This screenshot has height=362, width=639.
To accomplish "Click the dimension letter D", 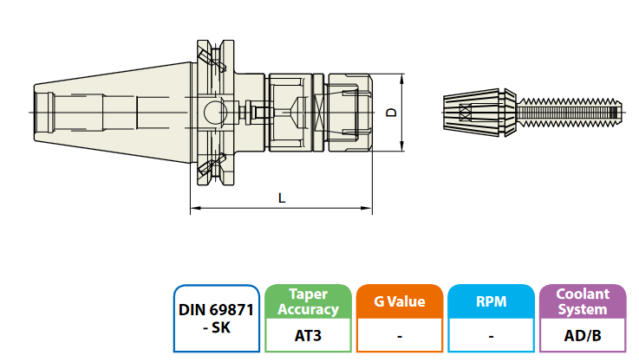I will click(391, 113).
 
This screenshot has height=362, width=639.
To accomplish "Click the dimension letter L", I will click(282, 197).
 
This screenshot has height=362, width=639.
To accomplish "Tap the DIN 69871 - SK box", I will click(216, 318).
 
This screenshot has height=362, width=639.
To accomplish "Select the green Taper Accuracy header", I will click(308, 302).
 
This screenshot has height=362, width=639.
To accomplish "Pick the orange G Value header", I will click(399, 302).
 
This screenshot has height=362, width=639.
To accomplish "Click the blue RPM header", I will click(490, 302).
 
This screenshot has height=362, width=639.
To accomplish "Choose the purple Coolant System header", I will click(583, 302).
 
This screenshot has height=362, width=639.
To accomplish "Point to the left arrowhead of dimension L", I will click(193, 209).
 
